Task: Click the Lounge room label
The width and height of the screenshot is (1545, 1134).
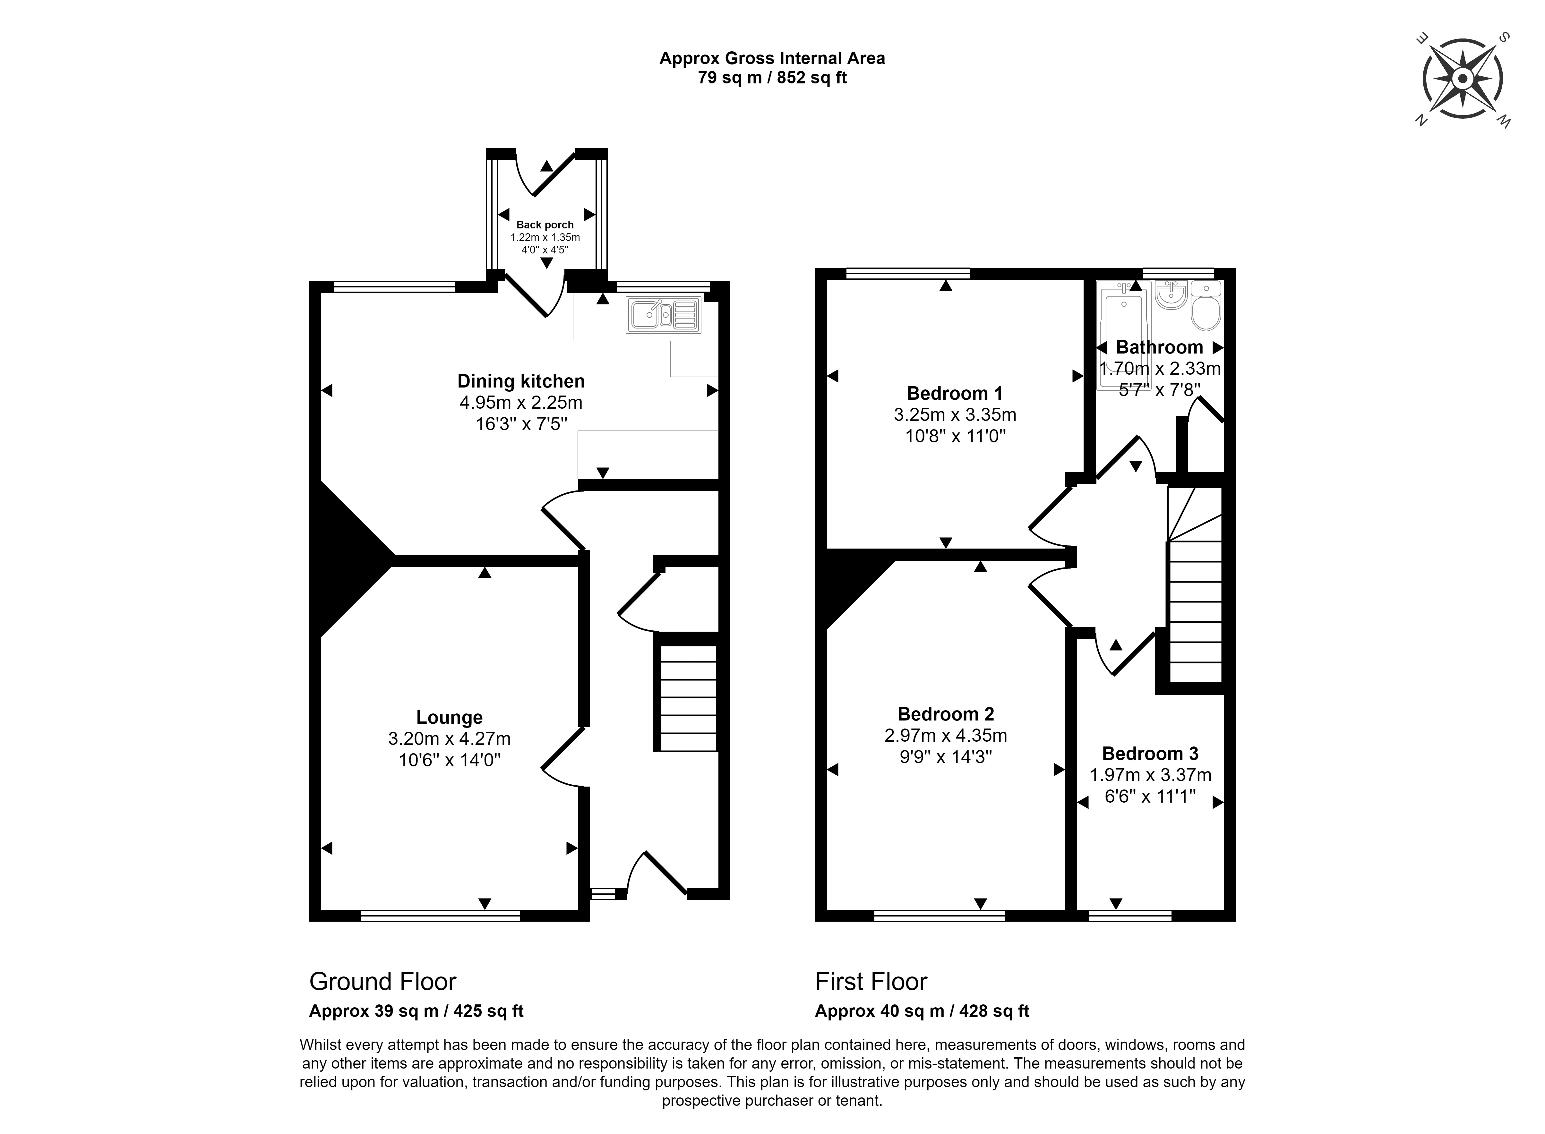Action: click(449, 717)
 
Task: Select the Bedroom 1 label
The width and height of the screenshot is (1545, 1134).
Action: click(955, 393)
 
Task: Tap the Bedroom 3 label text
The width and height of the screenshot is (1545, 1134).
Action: click(1150, 753)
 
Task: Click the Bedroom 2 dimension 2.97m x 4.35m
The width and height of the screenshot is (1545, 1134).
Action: click(946, 735)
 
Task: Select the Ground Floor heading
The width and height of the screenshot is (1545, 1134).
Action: click(382, 982)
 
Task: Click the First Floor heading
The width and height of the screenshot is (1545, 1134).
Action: click(871, 982)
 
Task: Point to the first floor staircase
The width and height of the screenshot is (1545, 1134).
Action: click(1196, 604)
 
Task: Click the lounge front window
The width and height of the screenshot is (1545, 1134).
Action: click(440, 915)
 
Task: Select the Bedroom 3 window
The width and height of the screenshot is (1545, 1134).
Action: click(1129, 915)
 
